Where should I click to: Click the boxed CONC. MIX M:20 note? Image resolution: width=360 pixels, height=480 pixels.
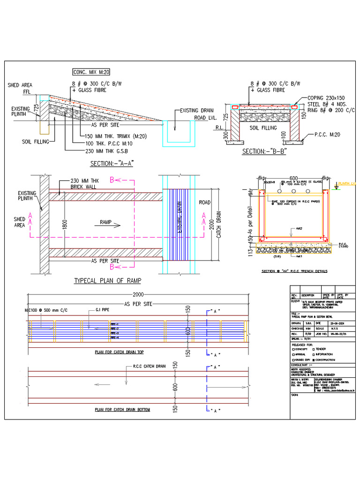[x=91, y=72]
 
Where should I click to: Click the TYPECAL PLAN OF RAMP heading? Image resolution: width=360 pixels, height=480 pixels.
[x=108, y=281]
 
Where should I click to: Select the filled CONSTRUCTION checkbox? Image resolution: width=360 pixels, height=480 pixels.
[x=314, y=360]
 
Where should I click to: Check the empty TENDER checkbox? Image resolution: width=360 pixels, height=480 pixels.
[x=314, y=349]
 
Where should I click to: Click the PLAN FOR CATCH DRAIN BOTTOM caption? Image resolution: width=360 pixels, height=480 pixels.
[x=122, y=409]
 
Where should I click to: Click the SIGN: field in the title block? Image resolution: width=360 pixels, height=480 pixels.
[x=296, y=395]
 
